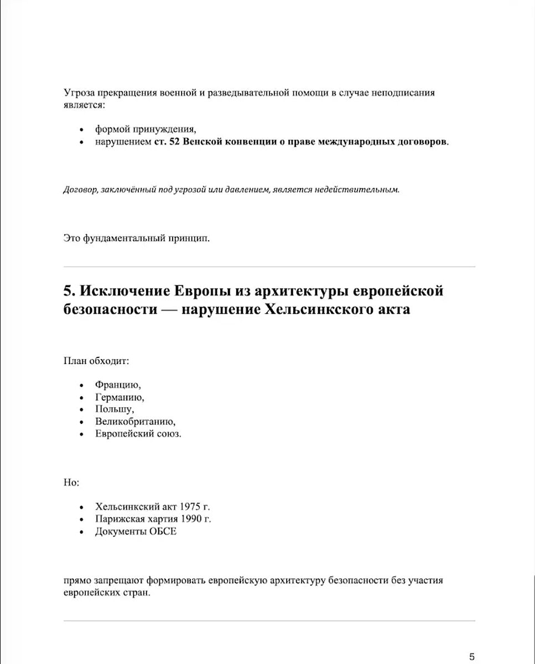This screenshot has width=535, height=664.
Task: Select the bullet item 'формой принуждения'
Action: pyautogui.click(x=146, y=129)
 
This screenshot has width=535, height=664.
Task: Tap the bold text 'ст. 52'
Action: pyautogui.click(x=167, y=141)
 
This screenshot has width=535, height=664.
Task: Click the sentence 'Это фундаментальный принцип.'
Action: pyautogui.click(x=137, y=238)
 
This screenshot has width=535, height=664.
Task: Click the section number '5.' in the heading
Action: pyautogui.click(x=69, y=291)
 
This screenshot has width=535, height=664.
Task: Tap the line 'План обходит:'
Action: pyautogui.click(x=96, y=361)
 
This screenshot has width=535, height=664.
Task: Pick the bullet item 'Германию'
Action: pyautogui.click(x=120, y=397)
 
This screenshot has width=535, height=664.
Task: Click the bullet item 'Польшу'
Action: pyautogui.click(x=115, y=409)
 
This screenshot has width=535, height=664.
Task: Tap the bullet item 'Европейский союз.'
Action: pyautogui.click(x=138, y=434)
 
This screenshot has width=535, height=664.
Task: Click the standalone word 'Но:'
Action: pyautogui.click(x=71, y=483)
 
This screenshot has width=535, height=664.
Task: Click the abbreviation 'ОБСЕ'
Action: pyautogui.click(x=163, y=531)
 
